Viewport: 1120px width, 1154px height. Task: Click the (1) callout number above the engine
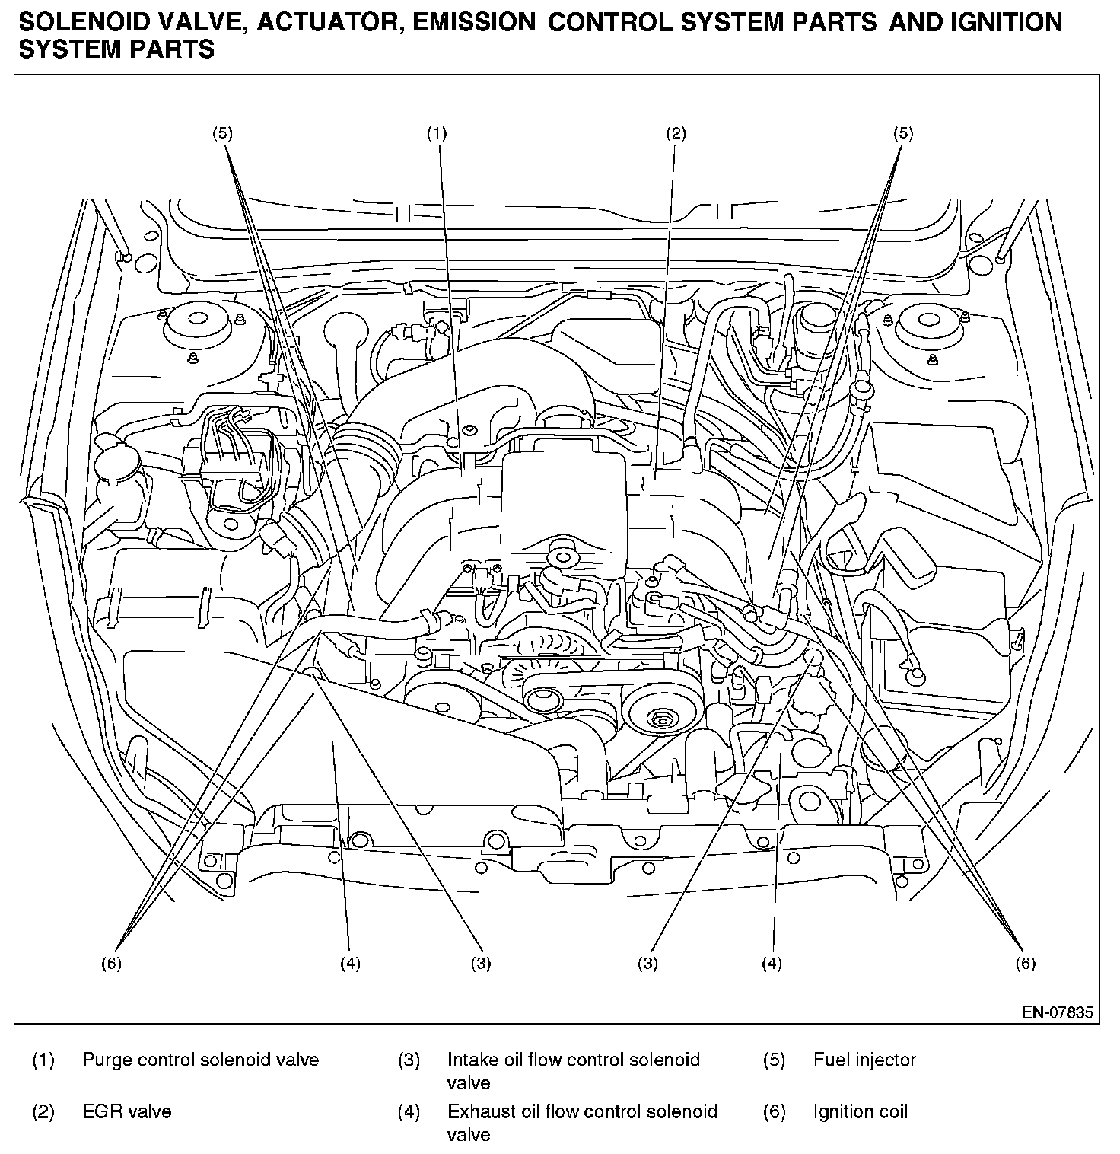pos(436,134)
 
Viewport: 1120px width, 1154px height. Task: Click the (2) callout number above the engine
pos(676,134)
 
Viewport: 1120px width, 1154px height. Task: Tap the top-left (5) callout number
pos(222,134)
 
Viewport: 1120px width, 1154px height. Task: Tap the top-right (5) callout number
pos(902,134)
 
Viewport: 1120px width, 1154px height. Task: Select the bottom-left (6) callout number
pos(111,964)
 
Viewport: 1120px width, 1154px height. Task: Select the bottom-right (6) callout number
pos(1025,964)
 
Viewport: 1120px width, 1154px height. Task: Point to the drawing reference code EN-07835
pos(1057,1012)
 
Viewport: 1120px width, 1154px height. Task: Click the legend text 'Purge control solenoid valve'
pos(200,1060)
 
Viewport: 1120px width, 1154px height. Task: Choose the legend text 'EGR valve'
pos(126,1111)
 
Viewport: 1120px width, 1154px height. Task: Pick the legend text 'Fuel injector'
pos(864,1060)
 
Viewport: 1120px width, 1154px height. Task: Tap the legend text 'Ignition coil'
pos(860,1111)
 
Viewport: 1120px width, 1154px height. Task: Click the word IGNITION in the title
pos(1007,23)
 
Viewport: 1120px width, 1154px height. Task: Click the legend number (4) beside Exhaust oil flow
pos(409,1111)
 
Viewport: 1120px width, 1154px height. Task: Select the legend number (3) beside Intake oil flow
pos(409,1060)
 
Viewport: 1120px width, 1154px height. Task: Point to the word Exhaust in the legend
pos(476,1111)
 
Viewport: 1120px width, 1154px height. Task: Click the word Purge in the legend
pos(103,1060)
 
